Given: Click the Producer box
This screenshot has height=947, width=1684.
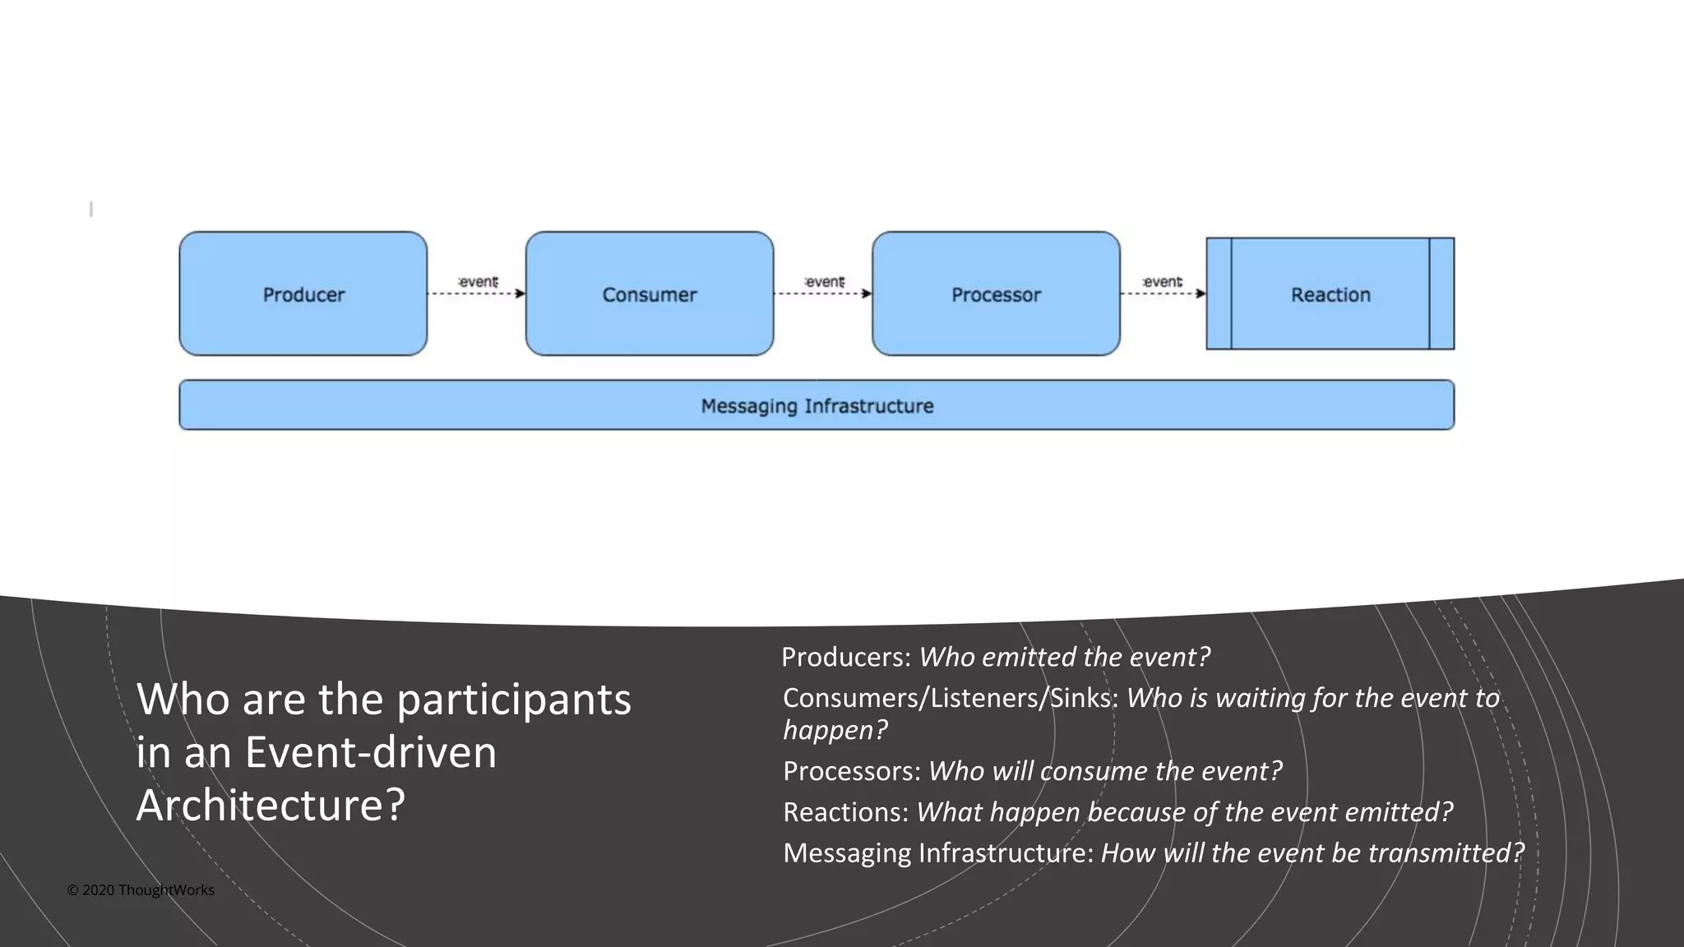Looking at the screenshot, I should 303,293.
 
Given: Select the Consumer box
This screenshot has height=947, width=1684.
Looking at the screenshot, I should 649,293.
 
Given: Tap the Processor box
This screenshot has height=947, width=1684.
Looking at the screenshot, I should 996,293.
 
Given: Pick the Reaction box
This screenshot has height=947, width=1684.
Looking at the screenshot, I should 1330,293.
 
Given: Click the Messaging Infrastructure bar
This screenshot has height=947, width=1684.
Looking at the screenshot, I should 817,405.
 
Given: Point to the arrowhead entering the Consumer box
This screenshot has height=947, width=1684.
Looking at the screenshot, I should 520,293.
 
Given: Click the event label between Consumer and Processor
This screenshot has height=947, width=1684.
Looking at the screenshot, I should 825,282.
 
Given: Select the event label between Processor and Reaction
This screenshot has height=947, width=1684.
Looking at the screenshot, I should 1163,282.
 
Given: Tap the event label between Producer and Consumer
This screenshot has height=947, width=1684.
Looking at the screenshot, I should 478,282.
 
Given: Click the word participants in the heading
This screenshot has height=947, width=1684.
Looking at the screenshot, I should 514,700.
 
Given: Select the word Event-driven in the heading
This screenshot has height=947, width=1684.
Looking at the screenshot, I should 371,752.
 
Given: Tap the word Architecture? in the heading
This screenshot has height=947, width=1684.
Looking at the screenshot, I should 271,805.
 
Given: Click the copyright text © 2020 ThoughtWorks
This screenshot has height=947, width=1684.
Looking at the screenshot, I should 141,890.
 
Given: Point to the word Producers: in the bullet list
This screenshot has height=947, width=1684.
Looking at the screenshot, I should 846,657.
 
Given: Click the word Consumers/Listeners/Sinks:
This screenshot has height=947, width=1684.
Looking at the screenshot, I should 951,698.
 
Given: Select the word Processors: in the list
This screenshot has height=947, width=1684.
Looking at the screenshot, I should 852,771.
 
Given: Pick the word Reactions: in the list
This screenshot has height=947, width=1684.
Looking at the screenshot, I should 845,812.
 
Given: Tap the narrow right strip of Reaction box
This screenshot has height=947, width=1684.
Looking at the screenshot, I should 1441,293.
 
